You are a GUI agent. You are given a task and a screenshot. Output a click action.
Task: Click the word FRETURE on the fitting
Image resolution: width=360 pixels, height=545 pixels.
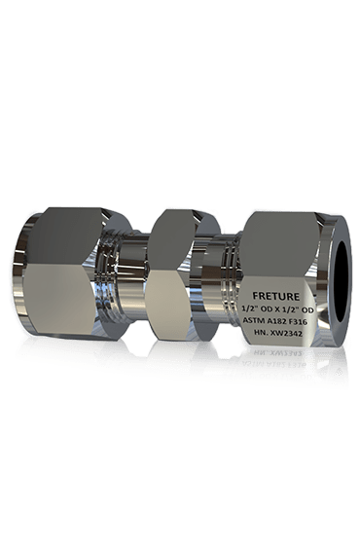(x=275, y=296)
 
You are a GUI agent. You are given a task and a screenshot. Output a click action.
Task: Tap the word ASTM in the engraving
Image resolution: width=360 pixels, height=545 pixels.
(x=252, y=321)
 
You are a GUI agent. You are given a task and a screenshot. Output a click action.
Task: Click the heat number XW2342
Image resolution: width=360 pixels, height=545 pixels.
(x=286, y=333)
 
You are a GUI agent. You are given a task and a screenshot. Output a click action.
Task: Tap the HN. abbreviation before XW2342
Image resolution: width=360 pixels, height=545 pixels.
(x=261, y=333)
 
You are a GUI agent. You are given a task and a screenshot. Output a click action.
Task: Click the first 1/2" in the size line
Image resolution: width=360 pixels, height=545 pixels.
(x=249, y=309)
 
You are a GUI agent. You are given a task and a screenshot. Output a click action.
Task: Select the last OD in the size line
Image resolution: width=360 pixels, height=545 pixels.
(x=307, y=309)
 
